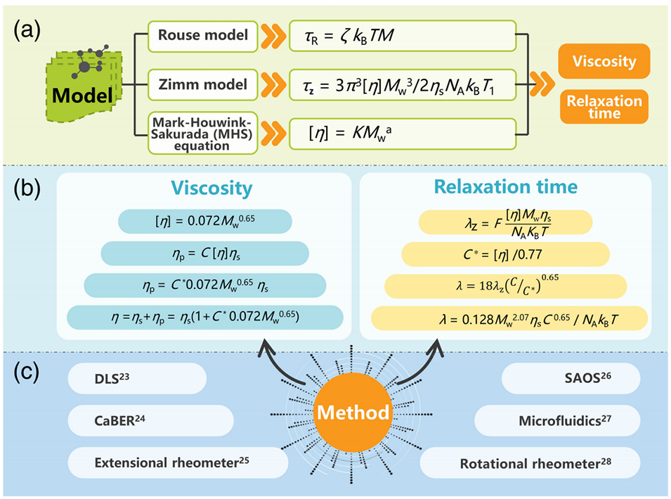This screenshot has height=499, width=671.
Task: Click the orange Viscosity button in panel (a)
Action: point(604,62)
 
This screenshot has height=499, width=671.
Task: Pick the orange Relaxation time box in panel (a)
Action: point(604,108)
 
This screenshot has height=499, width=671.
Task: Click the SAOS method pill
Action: point(569,379)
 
